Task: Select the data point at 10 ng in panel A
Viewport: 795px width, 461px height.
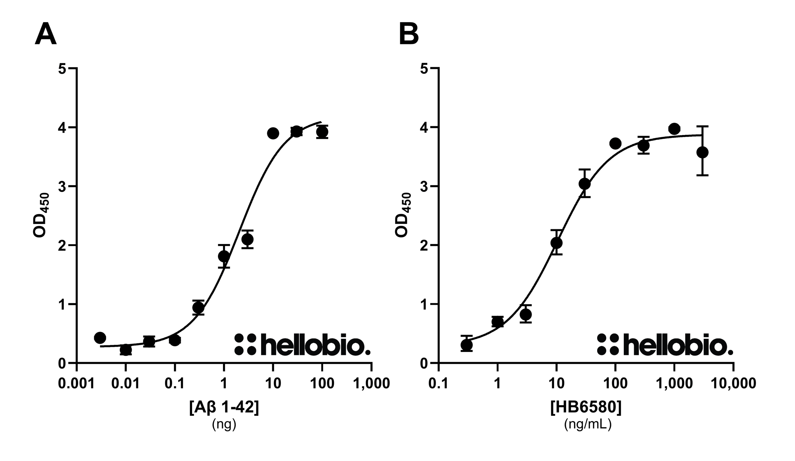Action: coord(273,133)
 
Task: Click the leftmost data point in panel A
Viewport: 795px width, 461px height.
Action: coord(100,338)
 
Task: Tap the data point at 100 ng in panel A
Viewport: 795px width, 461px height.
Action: coord(322,132)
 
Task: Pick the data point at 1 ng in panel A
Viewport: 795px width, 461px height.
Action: coord(224,256)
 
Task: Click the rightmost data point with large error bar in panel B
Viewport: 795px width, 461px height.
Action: coord(702,152)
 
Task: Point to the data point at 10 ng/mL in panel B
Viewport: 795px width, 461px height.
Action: coord(556,243)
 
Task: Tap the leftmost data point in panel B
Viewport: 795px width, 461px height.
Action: coord(466,345)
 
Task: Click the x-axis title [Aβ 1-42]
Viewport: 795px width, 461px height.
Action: coord(224,408)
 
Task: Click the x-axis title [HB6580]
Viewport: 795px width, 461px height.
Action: coord(586,408)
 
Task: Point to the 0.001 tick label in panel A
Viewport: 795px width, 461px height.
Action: coord(76,383)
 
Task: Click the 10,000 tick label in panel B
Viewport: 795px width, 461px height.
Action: coord(733,383)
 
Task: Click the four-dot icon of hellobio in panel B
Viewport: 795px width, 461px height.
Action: coord(608,345)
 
